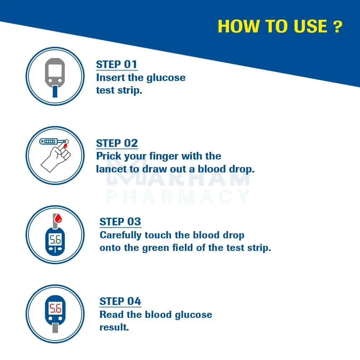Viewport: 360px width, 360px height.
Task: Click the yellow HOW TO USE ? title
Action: pos(280,26)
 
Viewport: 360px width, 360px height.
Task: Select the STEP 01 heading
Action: pos(117,64)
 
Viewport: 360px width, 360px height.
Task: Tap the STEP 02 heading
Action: pos(117,143)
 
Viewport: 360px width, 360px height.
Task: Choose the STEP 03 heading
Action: pos(120,222)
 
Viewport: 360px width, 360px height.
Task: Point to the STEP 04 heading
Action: pos(120,301)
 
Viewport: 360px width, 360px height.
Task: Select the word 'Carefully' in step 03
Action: pos(120,235)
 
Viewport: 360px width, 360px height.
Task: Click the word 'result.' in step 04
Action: pos(114,327)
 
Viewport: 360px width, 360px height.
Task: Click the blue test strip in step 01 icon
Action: pos(55,91)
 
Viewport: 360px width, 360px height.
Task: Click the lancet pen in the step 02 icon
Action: pos(54,141)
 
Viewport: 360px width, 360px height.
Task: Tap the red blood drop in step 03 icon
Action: pos(58,219)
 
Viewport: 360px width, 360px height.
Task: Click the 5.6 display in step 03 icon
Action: pos(55,239)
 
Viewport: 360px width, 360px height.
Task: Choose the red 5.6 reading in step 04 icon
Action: pos(55,308)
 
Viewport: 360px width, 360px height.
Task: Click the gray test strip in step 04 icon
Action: pos(55,328)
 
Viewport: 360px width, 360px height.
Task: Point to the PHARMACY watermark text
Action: pos(178,197)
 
